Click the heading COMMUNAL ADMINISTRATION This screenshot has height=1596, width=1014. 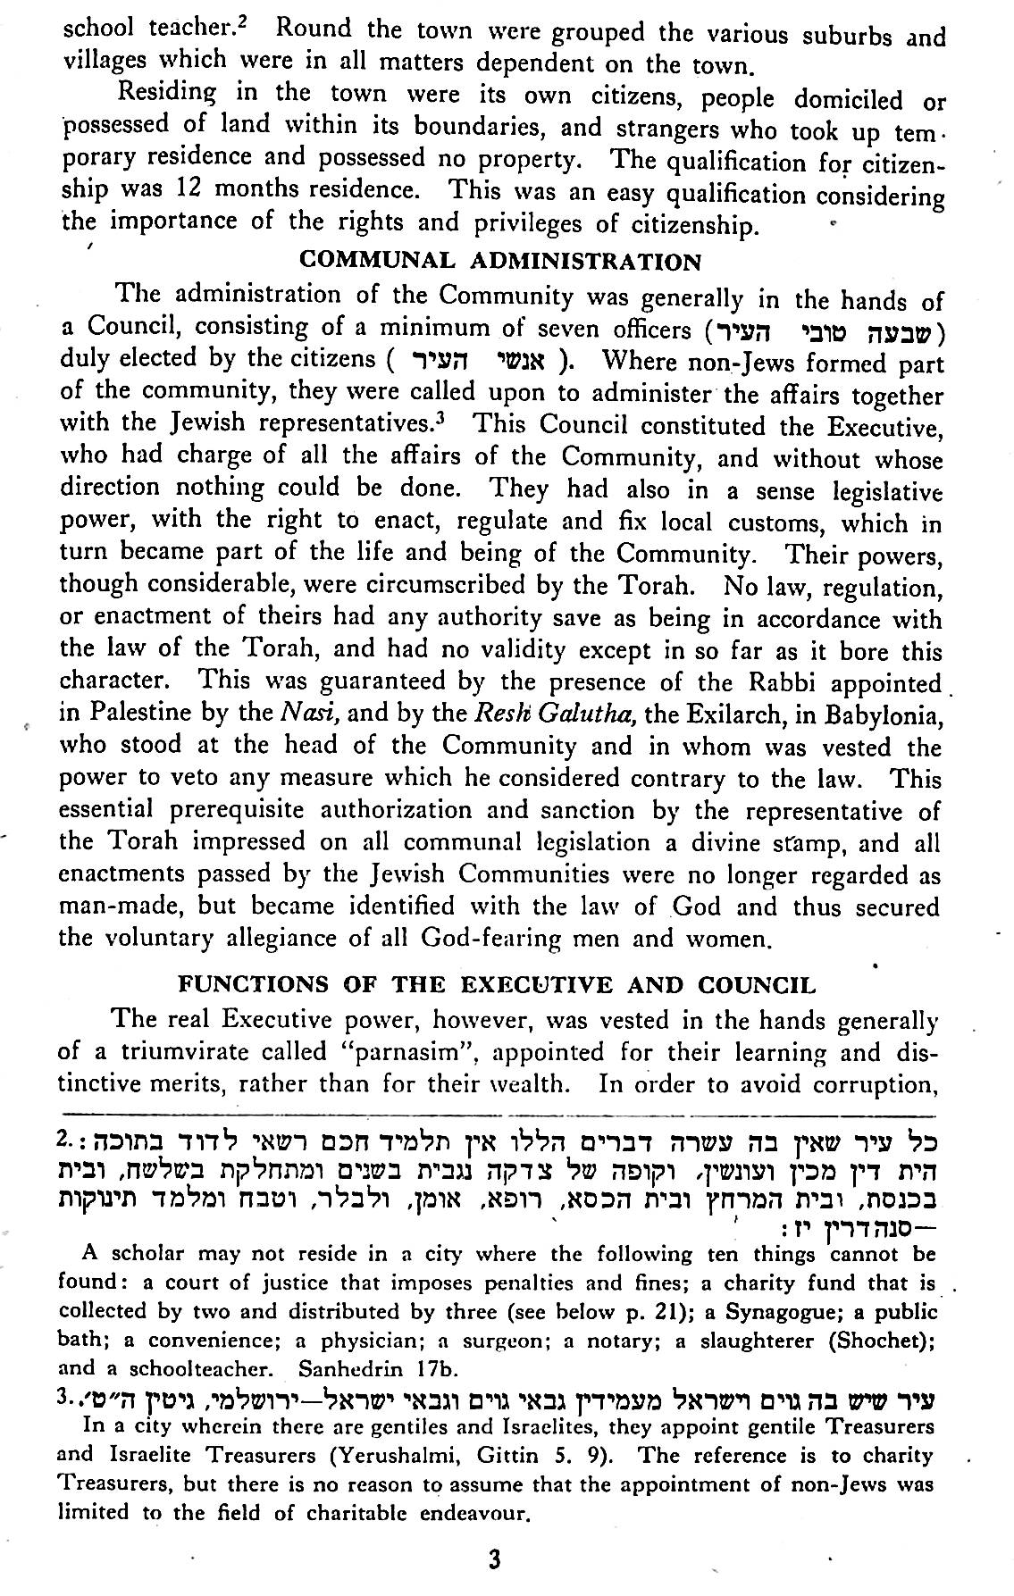tap(500, 261)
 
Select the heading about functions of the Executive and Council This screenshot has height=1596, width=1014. tap(498, 985)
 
